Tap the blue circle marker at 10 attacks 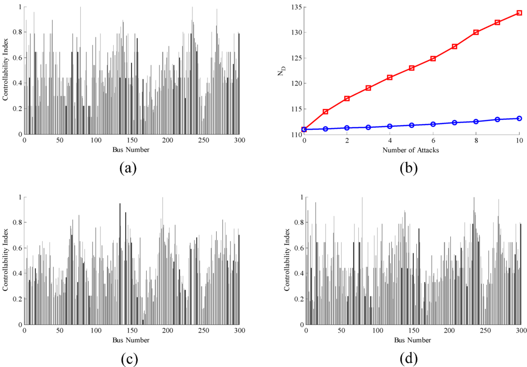tap(519, 118)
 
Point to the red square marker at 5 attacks tap(412, 68)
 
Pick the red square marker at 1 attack tap(325, 112)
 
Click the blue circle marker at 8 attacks tap(476, 121)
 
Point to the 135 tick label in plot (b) tap(293, 7)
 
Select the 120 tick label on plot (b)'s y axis tap(293, 83)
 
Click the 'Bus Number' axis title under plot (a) tap(132, 150)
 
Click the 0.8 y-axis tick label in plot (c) tap(15, 222)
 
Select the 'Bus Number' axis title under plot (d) tap(414, 340)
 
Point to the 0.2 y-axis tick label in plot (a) tap(15, 109)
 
